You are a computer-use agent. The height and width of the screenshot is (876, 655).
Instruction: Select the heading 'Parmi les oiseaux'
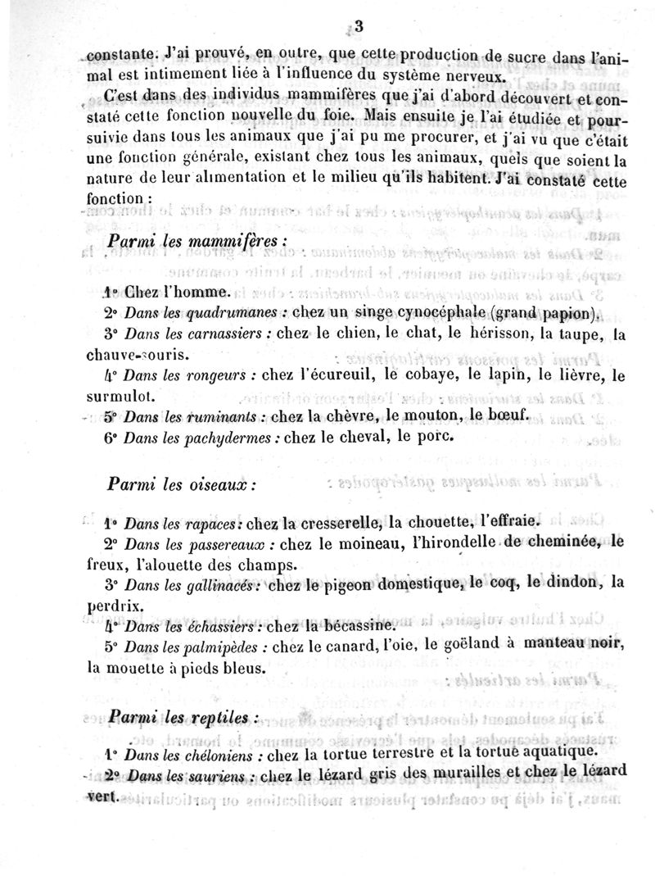pos(181,483)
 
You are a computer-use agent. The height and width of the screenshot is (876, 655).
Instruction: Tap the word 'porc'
pos(434,437)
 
